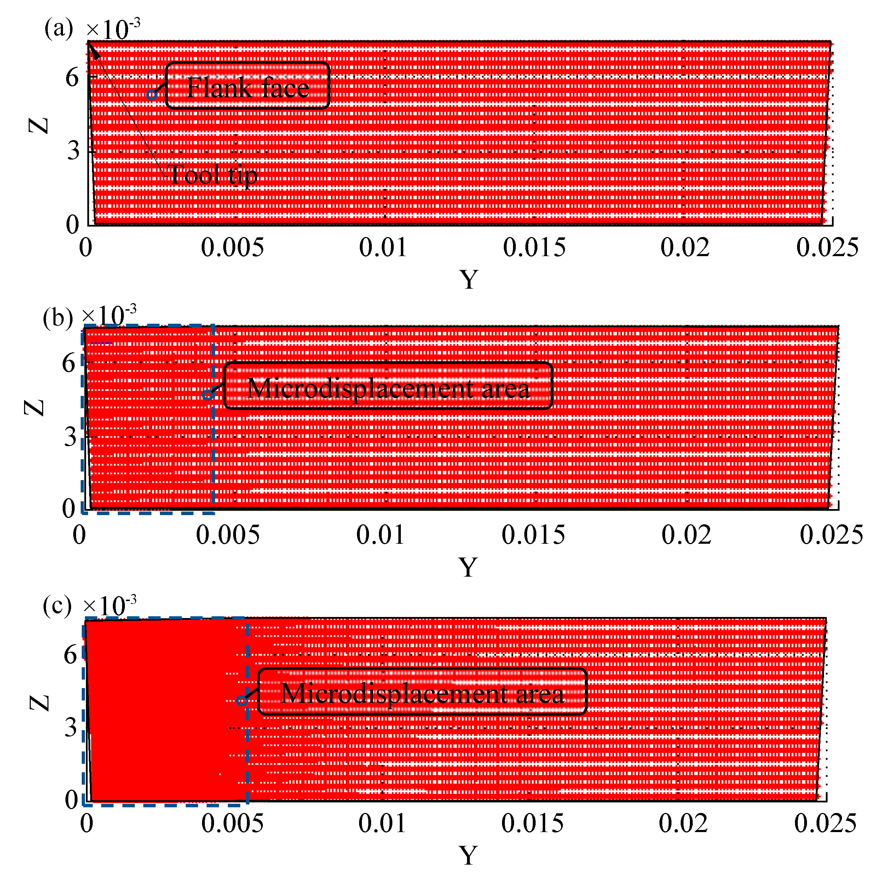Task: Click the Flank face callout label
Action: click(x=247, y=86)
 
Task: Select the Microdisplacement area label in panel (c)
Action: click(x=422, y=692)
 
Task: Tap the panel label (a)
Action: click(x=58, y=29)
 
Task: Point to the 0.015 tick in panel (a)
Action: click(x=534, y=248)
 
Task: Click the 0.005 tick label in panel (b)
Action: click(x=227, y=535)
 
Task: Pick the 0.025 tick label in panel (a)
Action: click(x=827, y=248)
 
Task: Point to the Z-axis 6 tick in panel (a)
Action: click(x=72, y=77)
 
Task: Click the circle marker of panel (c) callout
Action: click(x=242, y=701)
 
